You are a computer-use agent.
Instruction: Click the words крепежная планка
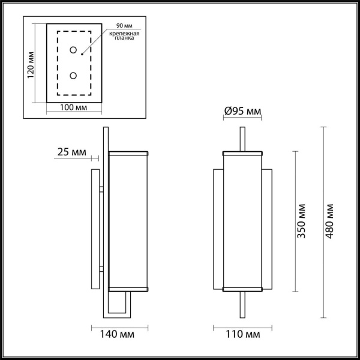[124, 39]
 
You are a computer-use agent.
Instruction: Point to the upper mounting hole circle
[74, 50]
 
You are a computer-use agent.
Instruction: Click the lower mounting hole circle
[74, 76]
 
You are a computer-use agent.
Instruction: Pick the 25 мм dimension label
[70, 152]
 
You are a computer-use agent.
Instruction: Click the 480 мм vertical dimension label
[330, 220]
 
